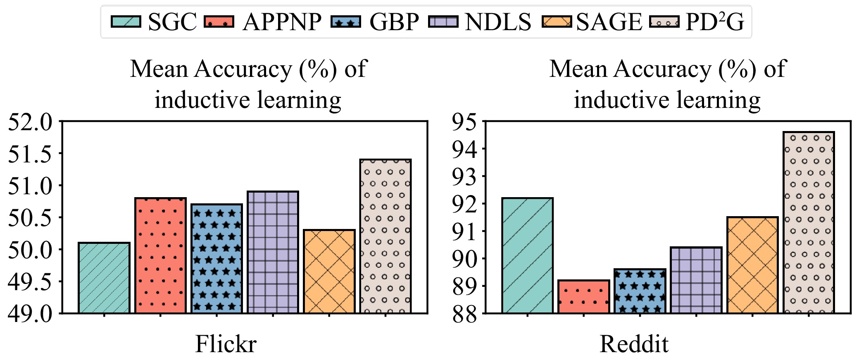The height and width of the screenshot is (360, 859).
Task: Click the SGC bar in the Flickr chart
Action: [x=104, y=278]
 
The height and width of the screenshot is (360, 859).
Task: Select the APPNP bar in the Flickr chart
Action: [x=160, y=255]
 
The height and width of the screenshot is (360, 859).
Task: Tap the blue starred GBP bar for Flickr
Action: [x=217, y=259]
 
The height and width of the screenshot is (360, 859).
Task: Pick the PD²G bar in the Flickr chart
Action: [x=385, y=236]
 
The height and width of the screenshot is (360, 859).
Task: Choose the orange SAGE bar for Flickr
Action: [x=329, y=272]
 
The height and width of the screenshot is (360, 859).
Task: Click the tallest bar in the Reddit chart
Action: [x=809, y=222]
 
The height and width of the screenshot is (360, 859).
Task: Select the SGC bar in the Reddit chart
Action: [x=528, y=255]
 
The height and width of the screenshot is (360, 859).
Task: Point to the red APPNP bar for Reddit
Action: [x=583, y=297]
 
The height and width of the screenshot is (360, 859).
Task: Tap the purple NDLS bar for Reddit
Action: [x=696, y=280]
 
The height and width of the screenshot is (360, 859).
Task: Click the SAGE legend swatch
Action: [x=557, y=21]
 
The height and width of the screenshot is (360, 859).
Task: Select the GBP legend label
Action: [x=394, y=21]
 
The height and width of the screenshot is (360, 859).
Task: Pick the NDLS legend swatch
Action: [x=443, y=21]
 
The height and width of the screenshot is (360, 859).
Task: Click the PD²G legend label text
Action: [x=714, y=21]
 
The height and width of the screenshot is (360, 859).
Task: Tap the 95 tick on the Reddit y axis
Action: [x=464, y=122]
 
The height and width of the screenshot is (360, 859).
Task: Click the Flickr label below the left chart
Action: [x=226, y=344]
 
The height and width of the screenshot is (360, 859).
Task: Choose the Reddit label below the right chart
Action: [x=634, y=344]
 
